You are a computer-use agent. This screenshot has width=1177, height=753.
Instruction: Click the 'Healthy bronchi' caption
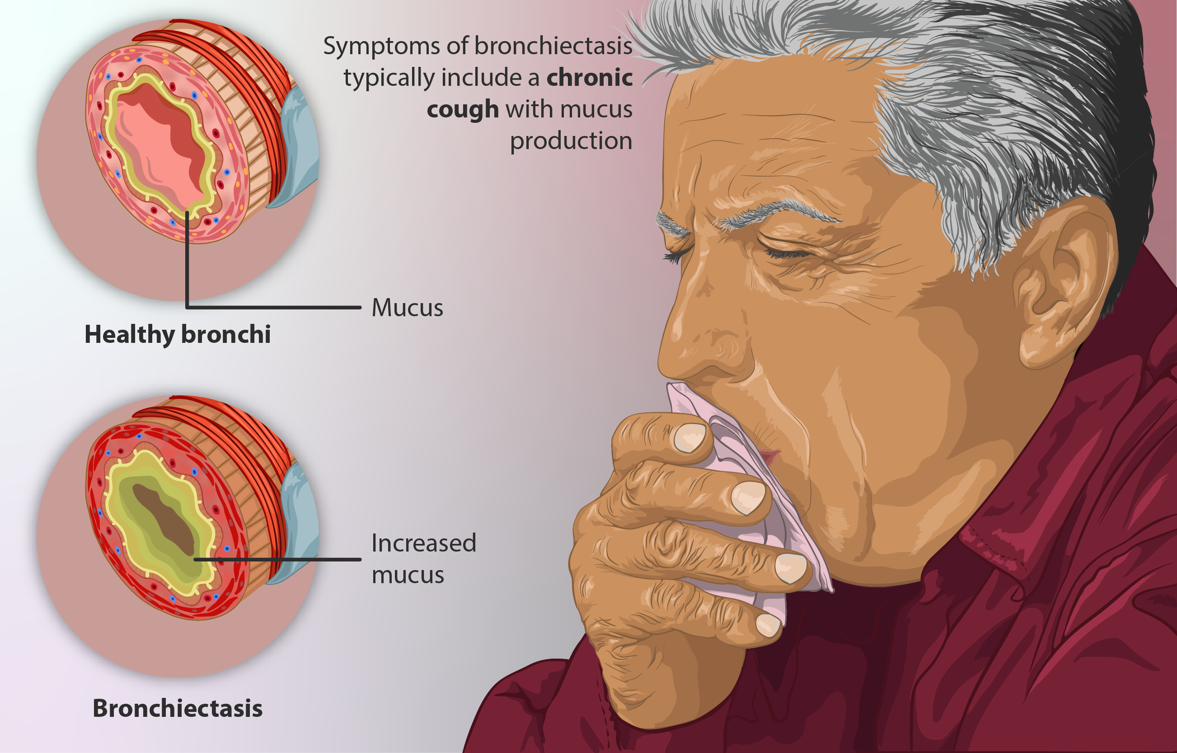pos(178,335)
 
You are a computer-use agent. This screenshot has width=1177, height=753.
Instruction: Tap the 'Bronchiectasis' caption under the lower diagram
pos(178,708)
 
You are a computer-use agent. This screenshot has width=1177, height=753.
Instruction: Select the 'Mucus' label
pos(408,308)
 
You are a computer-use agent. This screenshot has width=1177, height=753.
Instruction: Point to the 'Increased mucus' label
pos(423,559)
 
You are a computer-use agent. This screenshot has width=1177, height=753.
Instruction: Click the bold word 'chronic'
pos(589,78)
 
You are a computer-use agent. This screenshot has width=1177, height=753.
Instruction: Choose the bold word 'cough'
pos(463,109)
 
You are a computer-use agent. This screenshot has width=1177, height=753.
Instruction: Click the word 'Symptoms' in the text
pos(381,47)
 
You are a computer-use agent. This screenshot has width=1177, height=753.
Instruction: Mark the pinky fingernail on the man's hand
pos(768,625)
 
